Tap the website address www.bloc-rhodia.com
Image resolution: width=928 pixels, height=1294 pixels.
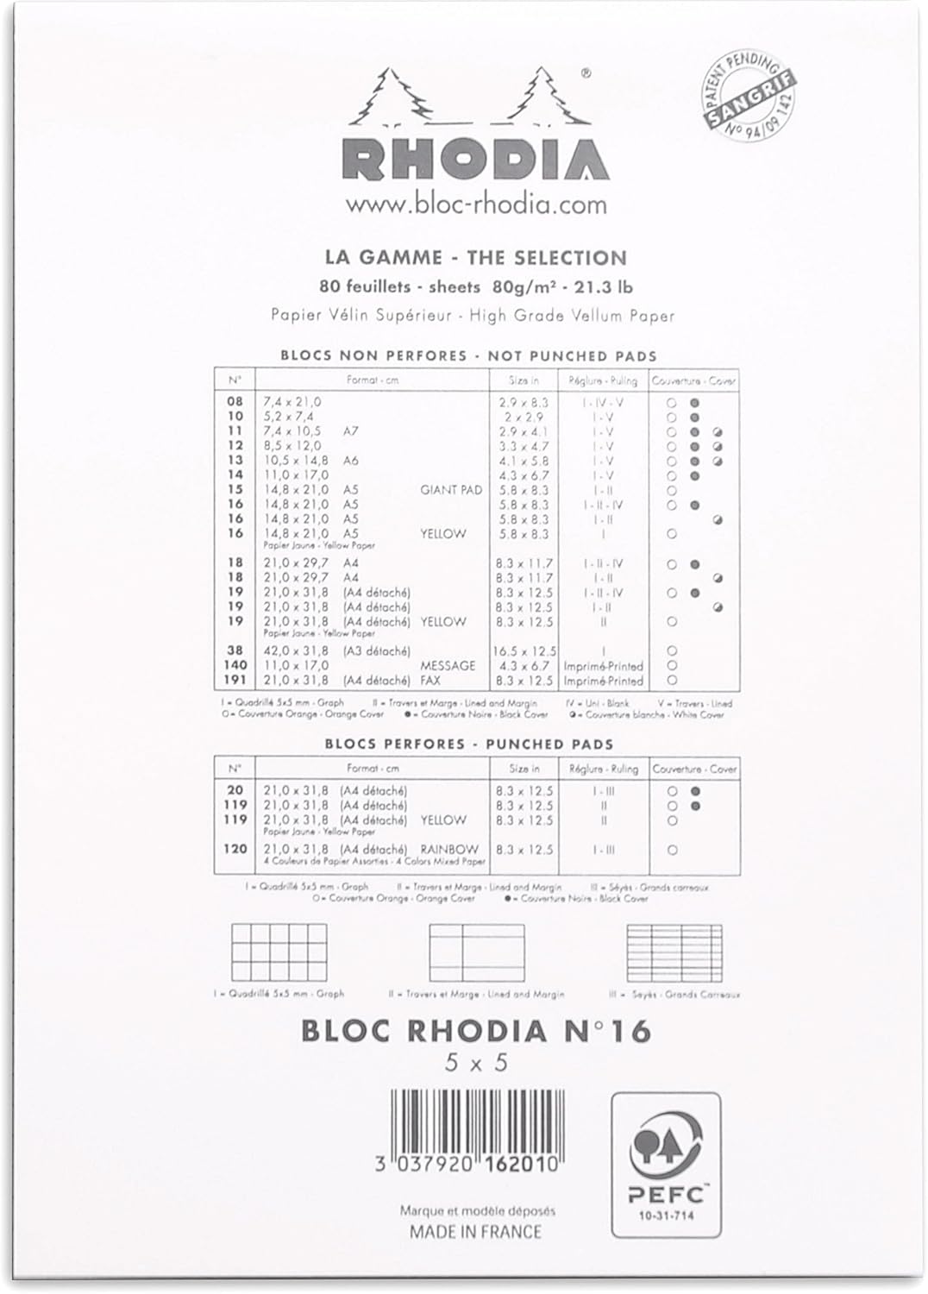point(476,205)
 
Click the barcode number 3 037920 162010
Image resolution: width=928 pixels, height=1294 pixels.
point(468,1164)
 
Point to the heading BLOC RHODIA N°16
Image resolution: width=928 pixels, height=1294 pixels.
point(475,1030)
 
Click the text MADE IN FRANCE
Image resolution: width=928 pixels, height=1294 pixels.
point(476,1232)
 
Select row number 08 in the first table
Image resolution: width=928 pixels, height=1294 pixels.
point(235,402)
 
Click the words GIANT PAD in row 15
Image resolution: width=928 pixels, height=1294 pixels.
point(450,490)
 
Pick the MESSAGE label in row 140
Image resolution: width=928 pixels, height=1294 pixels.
point(448,666)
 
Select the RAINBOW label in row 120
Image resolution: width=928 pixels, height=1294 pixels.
point(449,850)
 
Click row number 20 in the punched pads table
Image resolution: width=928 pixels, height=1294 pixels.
point(235,790)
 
